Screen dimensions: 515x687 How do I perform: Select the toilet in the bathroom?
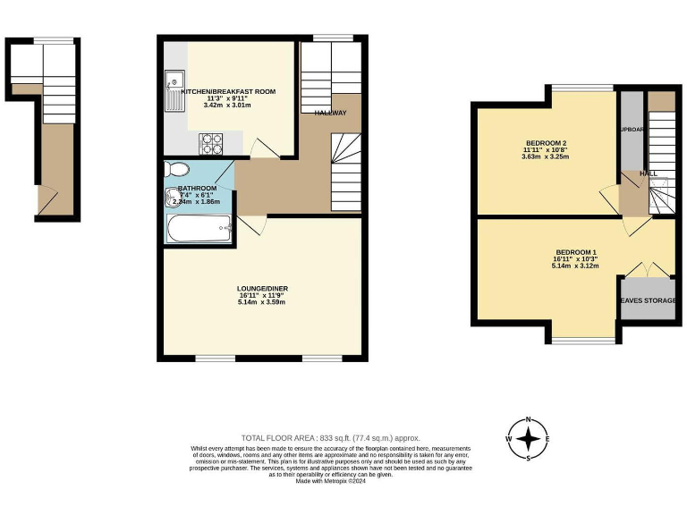178,170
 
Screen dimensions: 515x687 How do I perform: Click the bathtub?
199,229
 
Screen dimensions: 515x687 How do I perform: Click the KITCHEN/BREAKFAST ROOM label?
228,92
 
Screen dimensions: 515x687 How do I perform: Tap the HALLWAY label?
330,113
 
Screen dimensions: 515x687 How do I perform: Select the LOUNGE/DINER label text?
262,289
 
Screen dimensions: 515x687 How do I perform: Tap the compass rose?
529,439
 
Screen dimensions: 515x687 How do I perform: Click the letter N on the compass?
529,418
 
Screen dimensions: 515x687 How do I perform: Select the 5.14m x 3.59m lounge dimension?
262,302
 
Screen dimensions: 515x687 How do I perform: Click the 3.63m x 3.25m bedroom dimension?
545,156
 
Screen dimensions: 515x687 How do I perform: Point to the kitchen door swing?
259,148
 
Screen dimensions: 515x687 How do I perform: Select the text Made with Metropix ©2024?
330,482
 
